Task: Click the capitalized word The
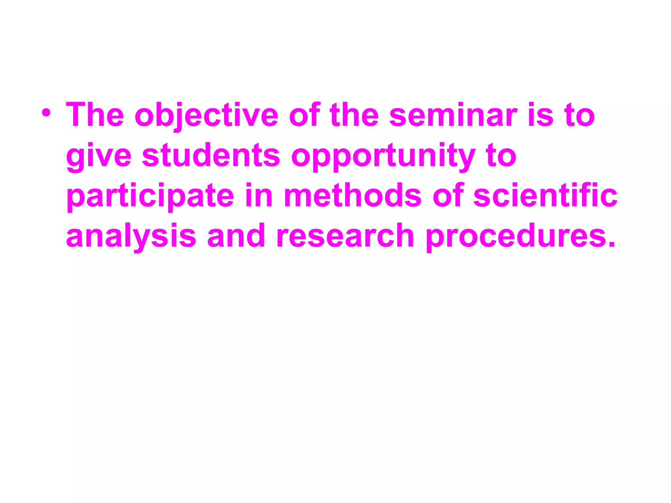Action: coord(95,115)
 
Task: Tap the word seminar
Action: coord(453,115)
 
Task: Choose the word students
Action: coord(211,155)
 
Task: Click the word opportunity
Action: coord(383,157)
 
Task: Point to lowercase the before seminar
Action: coord(354,115)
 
